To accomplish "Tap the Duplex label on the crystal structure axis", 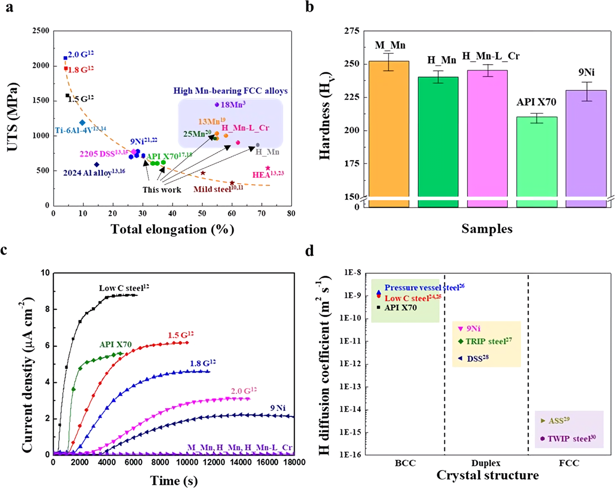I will pos(486,463).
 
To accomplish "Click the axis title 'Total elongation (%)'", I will pos(172,229).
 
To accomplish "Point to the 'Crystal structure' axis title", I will pos(487,476).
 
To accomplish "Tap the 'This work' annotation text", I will pos(161,190).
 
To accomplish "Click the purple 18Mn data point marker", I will pos(217,104).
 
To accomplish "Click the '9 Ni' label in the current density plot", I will pos(278,408).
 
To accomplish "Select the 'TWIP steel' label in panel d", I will pos(571,439).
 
